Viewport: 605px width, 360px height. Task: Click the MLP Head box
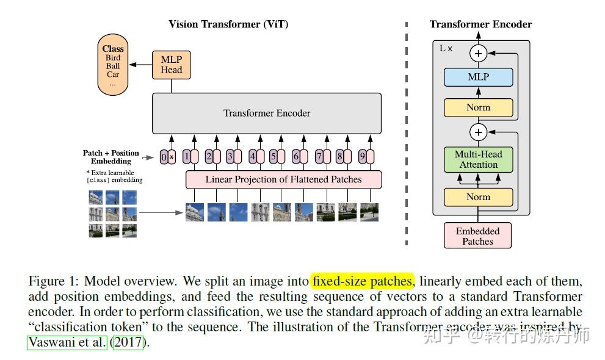click(x=171, y=64)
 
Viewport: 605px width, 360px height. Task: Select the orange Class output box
click(x=112, y=65)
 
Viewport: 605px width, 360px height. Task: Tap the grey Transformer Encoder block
click(x=267, y=113)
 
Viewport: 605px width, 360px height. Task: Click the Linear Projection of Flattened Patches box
click(x=283, y=179)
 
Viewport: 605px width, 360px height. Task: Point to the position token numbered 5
click(x=274, y=157)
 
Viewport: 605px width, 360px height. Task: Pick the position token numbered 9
click(x=362, y=157)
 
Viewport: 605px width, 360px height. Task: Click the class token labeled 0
click(x=163, y=157)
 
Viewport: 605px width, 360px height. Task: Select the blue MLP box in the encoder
click(x=478, y=77)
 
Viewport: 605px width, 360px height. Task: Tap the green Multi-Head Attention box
click(x=478, y=159)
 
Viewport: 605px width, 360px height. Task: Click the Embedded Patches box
click(x=477, y=236)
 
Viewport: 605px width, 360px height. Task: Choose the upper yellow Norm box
click(x=478, y=107)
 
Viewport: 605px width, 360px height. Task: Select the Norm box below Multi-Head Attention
click(x=478, y=197)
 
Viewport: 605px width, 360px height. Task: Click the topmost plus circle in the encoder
click(x=478, y=54)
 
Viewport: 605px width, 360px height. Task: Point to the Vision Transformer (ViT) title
click(x=228, y=24)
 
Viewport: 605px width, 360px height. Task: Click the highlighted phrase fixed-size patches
click(x=362, y=281)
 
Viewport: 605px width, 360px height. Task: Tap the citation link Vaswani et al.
click(x=67, y=342)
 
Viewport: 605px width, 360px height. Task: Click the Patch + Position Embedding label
click(x=111, y=157)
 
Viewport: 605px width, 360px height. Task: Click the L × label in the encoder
click(x=446, y=48)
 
